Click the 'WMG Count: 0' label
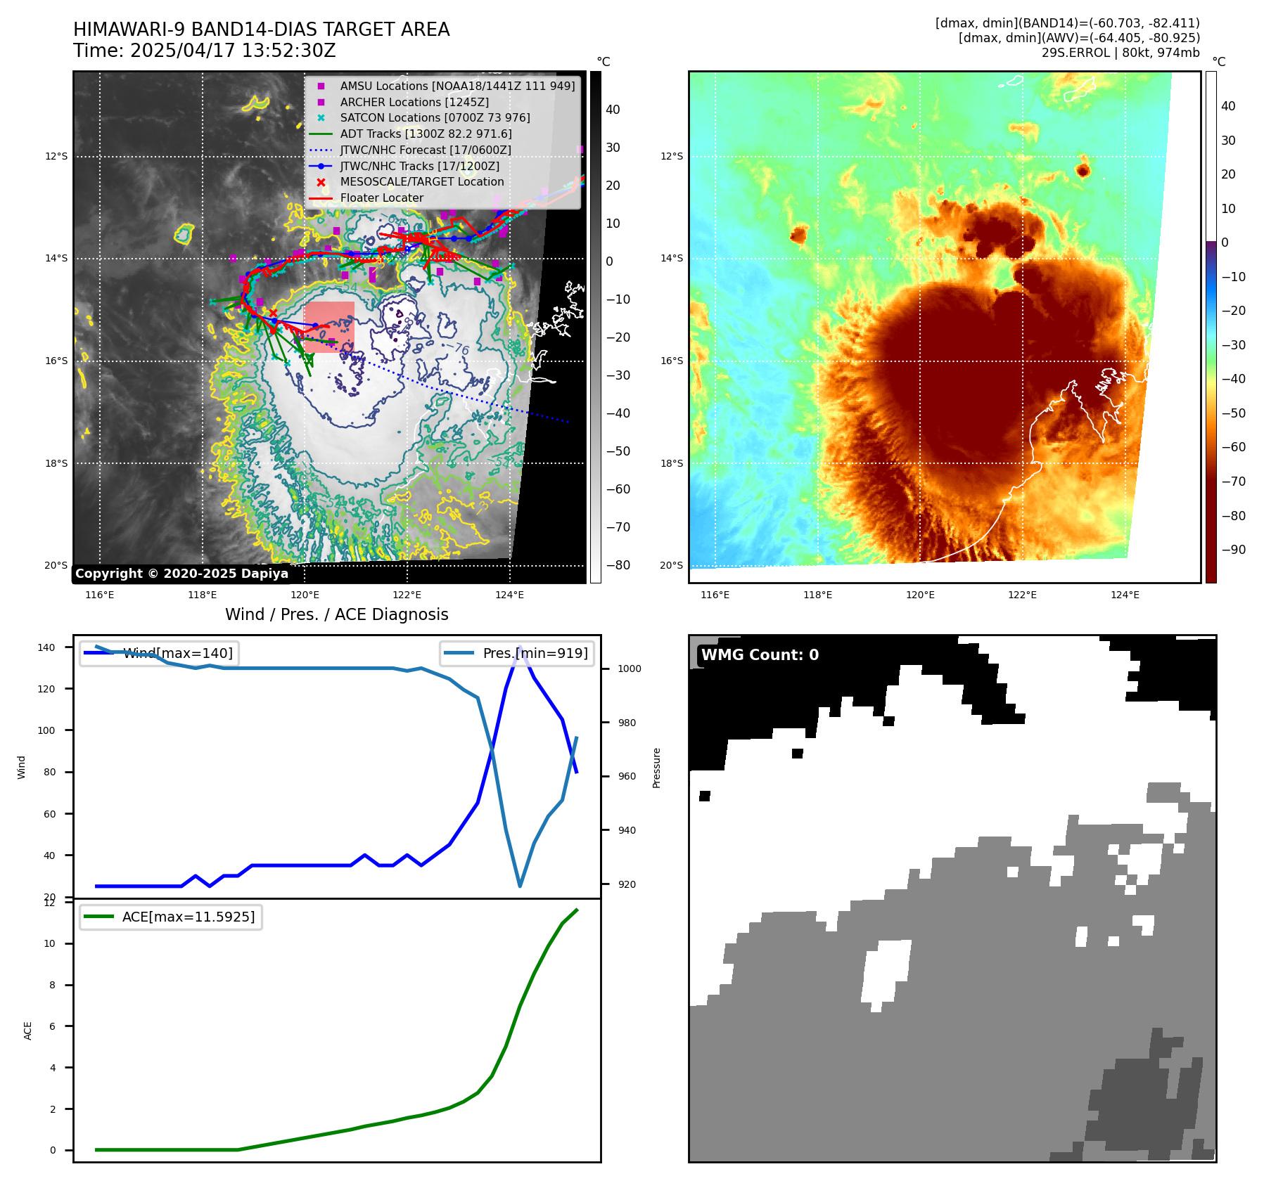(760, 655)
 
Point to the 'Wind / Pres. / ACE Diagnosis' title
(336, 614)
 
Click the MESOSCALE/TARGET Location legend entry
(421, 181)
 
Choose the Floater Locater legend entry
(381, 198)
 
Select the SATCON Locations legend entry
(435, 117)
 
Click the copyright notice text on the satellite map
(181, 574)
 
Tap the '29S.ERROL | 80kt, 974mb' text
(1120, 53)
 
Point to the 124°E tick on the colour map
(1125, 595)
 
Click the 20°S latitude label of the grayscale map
(56, 565)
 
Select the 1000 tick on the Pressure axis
(629, 669)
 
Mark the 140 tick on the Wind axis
(46, 647)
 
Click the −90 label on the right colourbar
(1233, 550)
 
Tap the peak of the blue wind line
(520, 647)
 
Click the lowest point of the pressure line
(520, 886)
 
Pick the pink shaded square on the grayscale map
(329, 327)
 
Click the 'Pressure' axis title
(656, 768)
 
